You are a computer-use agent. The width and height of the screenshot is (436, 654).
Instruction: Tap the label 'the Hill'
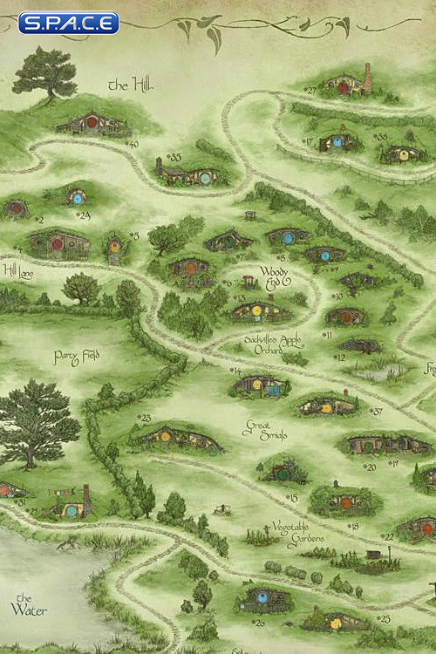pyautogui.click(x=129, y=85)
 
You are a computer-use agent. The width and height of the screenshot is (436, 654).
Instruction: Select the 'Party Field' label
pyautogui.click(x=77, y=356)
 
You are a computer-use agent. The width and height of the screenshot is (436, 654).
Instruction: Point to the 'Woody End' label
pyautogui.click(x=273, y=277)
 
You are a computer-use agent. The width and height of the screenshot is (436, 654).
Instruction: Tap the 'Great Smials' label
pyautogui.click(x=261, y=429)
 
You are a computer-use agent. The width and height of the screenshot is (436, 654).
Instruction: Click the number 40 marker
pyautogui.click(x=133, y=144)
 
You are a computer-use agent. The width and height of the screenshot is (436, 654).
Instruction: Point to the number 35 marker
pyautogui.click(x=174, y=157)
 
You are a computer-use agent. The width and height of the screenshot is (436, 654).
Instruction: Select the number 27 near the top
pyautogui.click(x=310, y=90)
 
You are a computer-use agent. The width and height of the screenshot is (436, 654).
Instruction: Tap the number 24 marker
pyautogui.click(x=84, y=215)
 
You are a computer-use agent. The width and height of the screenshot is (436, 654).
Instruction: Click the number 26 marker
pyautogui.click(x=259, y=623)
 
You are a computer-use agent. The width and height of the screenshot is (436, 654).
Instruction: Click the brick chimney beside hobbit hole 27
pyautogui.click(x=367, y=78)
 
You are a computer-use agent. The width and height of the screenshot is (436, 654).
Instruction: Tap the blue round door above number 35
pyautogui.click(x=205, y=178)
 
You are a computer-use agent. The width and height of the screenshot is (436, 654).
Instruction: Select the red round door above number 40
pyautogui.click(x=92, y=122)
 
